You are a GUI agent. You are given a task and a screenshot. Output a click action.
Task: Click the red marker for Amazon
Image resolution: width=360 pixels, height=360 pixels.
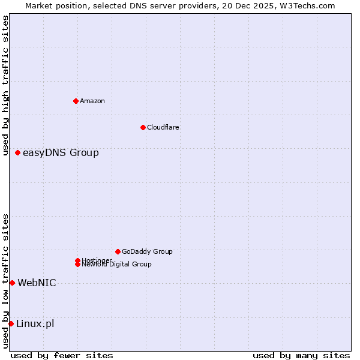tap(76, 101)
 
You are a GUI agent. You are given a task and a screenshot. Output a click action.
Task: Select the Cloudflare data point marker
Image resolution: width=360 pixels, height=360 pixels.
tap(143, 127)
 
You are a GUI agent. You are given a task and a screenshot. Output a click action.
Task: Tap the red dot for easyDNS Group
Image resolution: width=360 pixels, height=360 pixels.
tap(18, 153)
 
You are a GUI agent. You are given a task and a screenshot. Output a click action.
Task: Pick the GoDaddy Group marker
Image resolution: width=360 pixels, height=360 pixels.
tap(118, 251)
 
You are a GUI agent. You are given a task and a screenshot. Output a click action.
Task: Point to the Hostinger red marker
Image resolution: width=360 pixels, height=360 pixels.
tap(78, 260)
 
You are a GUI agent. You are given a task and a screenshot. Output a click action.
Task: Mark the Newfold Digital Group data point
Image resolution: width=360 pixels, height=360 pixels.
tap(78, 265)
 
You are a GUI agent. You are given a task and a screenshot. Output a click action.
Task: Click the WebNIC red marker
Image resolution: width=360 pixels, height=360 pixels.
tap(12, 283)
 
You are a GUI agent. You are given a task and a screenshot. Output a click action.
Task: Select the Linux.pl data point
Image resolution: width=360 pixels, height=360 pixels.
tap(11, 324)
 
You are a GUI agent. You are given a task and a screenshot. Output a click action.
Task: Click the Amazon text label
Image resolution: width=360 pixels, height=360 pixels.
tap(92, 101)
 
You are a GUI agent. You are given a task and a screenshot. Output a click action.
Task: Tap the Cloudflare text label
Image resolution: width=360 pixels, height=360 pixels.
tap(163, 127)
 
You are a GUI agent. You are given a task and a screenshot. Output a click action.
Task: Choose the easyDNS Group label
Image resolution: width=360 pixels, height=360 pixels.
tap(61, 153)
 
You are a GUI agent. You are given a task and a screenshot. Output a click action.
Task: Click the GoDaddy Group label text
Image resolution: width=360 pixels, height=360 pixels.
tap(147, 251)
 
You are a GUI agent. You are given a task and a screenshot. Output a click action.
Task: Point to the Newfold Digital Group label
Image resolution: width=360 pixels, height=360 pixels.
tap(117, 265)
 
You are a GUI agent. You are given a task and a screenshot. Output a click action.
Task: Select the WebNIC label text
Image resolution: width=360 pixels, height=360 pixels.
tap(37, 283)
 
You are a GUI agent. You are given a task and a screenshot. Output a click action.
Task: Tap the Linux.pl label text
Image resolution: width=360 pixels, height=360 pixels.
tap(35, 324)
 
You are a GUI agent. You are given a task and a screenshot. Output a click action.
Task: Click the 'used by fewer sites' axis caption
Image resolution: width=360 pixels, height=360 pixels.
tap(62, 355)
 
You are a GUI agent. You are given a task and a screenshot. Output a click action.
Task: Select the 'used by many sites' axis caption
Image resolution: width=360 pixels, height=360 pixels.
tap(301, 355)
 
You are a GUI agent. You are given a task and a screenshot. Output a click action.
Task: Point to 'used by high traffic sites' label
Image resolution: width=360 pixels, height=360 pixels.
tap(5, 86)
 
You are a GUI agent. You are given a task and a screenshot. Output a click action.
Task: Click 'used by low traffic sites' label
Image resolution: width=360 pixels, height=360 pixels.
tap(5, 281)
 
